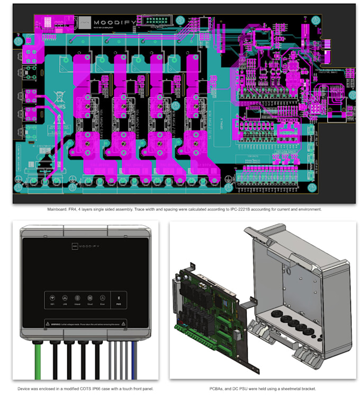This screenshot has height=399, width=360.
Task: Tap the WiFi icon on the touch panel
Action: tap(51, 299)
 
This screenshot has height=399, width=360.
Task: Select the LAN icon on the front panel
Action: tap(65, 299)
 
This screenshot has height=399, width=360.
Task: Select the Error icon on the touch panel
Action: tap(102, 299)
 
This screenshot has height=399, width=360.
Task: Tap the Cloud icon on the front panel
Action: tap(89, 299)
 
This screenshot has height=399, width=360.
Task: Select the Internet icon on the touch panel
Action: tap(77, 299)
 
